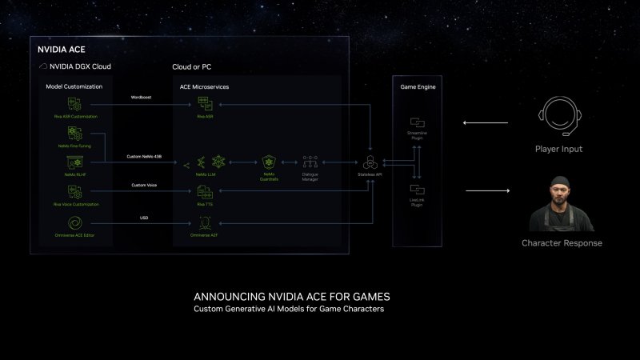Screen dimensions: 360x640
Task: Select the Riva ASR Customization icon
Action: pos(74,103)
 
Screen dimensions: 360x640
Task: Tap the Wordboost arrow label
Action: pos(142,98)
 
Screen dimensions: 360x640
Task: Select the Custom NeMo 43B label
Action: pos(144,156)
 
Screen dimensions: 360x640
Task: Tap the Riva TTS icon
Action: pos(204,192)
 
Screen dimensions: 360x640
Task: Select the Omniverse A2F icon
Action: pos(205,222)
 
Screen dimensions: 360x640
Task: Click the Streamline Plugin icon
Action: pos(416,122)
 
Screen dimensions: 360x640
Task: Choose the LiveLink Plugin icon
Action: pos(416,189)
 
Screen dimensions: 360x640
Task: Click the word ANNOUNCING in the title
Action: pos(231,296)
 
